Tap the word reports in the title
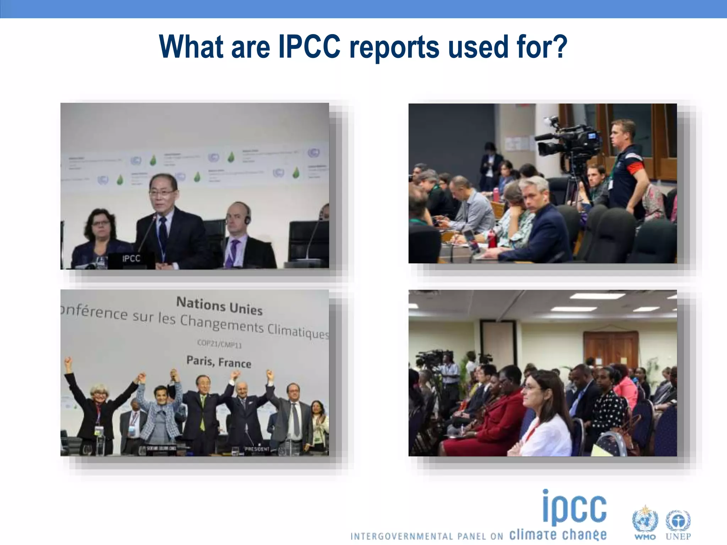click(x=394, y=48)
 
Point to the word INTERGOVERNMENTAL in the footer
click(x=402, y=536)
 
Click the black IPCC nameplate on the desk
click(x=131, y=259)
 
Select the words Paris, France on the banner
click(x=219, y=362)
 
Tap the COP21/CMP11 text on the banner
click(x=219, y=344)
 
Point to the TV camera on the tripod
click(x=568, y=140)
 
